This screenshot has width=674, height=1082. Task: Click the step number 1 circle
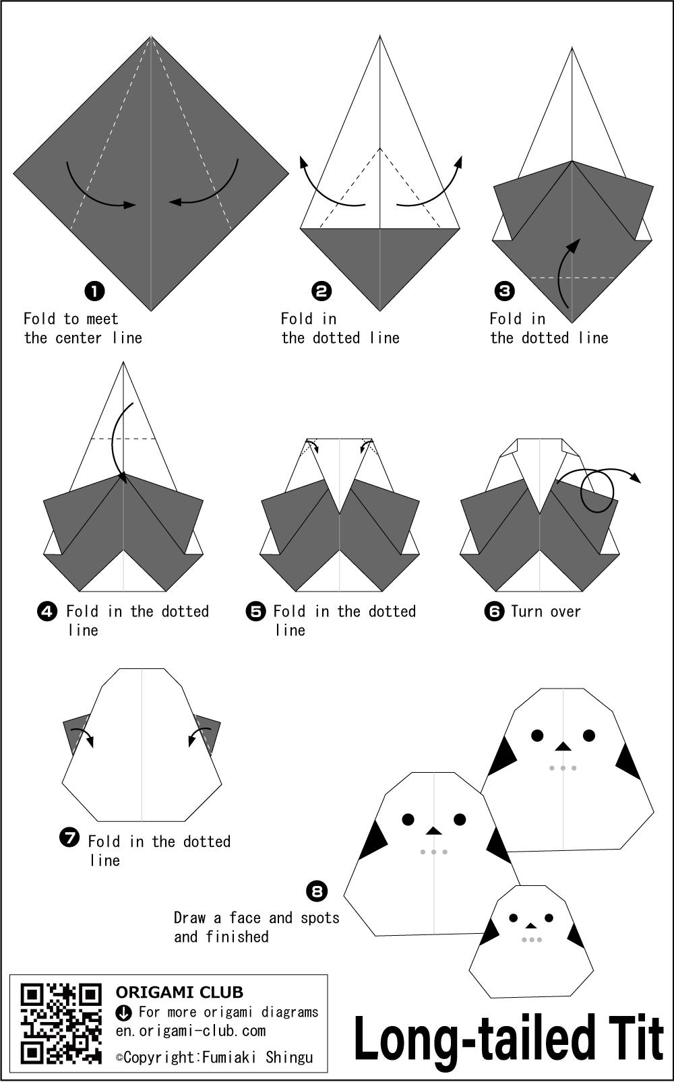click(x=95, y=291)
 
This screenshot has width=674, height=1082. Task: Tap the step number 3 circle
click(x=504, y=291)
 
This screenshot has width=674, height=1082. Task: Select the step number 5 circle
click(x=255, y=612)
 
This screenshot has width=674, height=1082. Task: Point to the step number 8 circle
click(x=317, y=891)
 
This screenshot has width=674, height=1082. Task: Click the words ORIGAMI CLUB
click(x=179, y=992)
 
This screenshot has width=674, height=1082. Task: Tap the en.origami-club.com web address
click(x=190, y=1030)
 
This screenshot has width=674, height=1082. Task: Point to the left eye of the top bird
click(x=537, y=735)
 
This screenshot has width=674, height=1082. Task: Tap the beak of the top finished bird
click(x=563, y=746)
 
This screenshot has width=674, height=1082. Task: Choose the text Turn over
click(x=545, y=612)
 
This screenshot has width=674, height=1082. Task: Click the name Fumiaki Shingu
click(x=257, y=1057)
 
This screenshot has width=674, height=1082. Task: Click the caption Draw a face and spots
click(x=257, y=918)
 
